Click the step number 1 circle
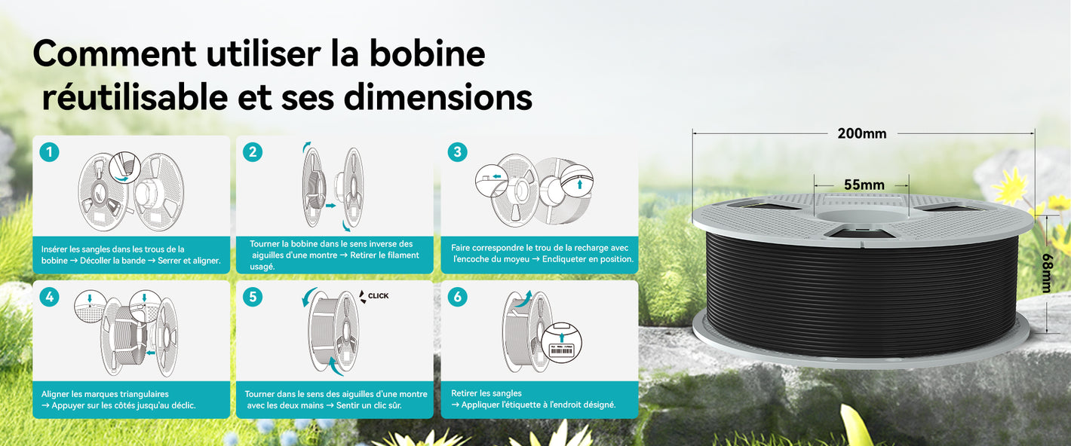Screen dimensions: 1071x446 coord(49,152)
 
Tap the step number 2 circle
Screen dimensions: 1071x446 coord(253,152)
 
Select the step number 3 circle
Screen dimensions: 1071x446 coord(457,152)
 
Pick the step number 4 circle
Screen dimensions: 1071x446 coord(49,297)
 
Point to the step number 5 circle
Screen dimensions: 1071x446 coord(253,297)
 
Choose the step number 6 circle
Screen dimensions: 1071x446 coord(457,297)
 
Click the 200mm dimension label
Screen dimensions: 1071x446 coord(861,133)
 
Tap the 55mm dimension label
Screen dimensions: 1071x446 coord(864,185)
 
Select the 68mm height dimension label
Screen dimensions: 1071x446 coord(1046,273)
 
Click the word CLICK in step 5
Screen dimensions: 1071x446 coord(378,296)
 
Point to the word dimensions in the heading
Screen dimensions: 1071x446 coord(437,97)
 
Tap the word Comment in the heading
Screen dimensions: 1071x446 coord(115,53)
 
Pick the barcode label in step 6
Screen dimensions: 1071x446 coord(561,351)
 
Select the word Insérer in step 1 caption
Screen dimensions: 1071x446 coord(54,249)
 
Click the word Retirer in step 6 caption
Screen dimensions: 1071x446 coord(465,393)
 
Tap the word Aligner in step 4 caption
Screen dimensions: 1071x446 coord(55,395)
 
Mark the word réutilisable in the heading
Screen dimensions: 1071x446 coord(135,97)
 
